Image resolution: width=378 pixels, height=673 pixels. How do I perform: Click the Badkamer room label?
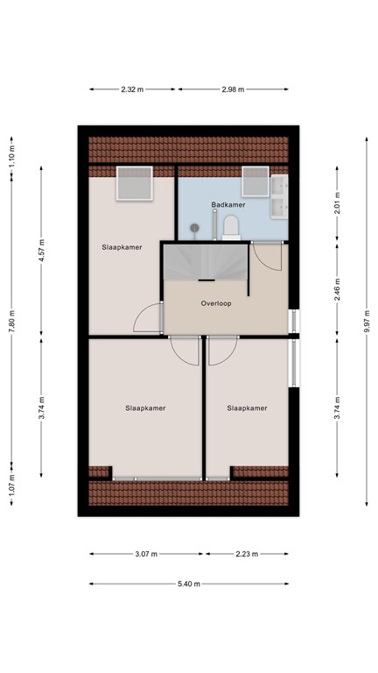228,205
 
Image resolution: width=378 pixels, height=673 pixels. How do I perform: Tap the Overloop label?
216,303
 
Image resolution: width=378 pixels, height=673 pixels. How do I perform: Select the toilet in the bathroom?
231,227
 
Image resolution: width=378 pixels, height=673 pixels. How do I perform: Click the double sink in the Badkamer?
279,197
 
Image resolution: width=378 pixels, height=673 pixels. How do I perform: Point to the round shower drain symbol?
195,228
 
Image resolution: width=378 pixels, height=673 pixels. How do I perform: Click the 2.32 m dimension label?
132,89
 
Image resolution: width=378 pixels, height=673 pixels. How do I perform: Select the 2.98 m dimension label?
233,89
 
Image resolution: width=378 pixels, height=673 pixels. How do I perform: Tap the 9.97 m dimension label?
367,321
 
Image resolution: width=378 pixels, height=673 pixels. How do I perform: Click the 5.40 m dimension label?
189,584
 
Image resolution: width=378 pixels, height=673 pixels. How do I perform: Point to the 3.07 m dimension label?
146,554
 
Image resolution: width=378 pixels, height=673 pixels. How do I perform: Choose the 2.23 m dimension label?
247,554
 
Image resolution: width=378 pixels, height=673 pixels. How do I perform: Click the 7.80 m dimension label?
11,321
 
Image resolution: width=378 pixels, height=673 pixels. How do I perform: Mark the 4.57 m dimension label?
42,251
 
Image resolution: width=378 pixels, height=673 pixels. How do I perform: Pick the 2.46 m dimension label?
337,290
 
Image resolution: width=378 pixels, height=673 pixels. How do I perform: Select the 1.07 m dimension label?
11,484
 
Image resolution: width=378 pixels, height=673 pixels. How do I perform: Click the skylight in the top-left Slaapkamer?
135,183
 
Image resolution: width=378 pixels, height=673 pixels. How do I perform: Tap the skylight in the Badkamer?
255,181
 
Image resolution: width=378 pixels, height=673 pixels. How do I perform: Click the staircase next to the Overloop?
206,262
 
